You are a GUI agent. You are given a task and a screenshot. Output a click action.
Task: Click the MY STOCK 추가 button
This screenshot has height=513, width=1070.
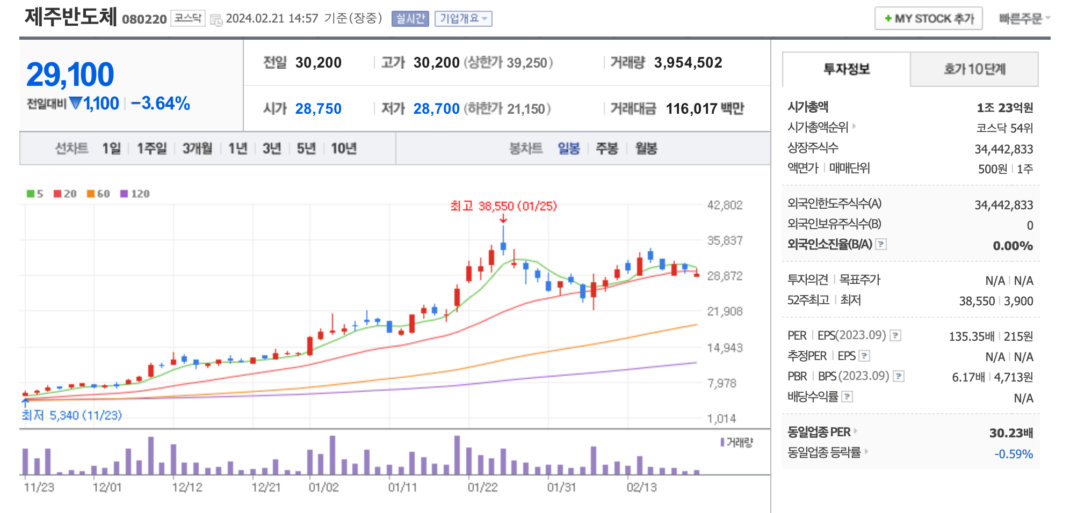tap(928, 19)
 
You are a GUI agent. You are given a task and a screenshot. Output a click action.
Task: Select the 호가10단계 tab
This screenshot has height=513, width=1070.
tap(974, 69)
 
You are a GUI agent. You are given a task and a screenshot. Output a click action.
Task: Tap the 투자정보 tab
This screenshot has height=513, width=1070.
tap(847, 69)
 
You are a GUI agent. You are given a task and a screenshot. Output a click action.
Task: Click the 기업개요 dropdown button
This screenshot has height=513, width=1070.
tap(463, 19)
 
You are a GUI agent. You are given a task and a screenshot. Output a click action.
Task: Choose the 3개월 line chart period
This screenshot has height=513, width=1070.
tap(197, 149)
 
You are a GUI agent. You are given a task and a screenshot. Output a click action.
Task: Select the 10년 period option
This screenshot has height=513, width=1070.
tap(344, 149)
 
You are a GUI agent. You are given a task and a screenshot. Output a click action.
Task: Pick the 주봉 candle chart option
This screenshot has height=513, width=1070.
tap(607, 149)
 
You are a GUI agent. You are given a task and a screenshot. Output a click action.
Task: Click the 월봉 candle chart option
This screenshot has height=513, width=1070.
tap(646, 149)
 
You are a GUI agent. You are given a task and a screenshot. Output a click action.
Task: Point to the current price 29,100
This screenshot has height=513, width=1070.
tap(70, 75)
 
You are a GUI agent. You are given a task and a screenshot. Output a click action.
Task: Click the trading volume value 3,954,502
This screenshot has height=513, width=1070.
tap(688, 63)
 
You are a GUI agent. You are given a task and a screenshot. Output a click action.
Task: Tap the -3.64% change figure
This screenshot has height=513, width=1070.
tap(161, 104)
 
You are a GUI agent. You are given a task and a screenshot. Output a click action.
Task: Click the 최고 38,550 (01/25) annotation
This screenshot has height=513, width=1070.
tap(503, 206)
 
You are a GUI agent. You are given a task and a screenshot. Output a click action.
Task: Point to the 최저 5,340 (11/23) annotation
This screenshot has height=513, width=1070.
tap(72, 415)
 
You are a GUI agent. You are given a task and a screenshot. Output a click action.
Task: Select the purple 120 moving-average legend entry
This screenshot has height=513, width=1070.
tap(135, 194)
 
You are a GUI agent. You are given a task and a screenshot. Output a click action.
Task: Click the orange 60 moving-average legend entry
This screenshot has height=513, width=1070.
tap(99, 194)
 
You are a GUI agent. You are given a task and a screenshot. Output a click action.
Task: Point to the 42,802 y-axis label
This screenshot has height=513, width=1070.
tap(725, 205)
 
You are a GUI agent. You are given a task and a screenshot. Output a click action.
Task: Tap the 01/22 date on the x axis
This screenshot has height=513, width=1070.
tap(482, 487)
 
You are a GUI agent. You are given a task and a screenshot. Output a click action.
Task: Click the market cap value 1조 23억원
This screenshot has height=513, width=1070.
tap(1004, 108)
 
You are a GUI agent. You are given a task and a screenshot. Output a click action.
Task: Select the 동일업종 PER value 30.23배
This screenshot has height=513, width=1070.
tap(1011, 433)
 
